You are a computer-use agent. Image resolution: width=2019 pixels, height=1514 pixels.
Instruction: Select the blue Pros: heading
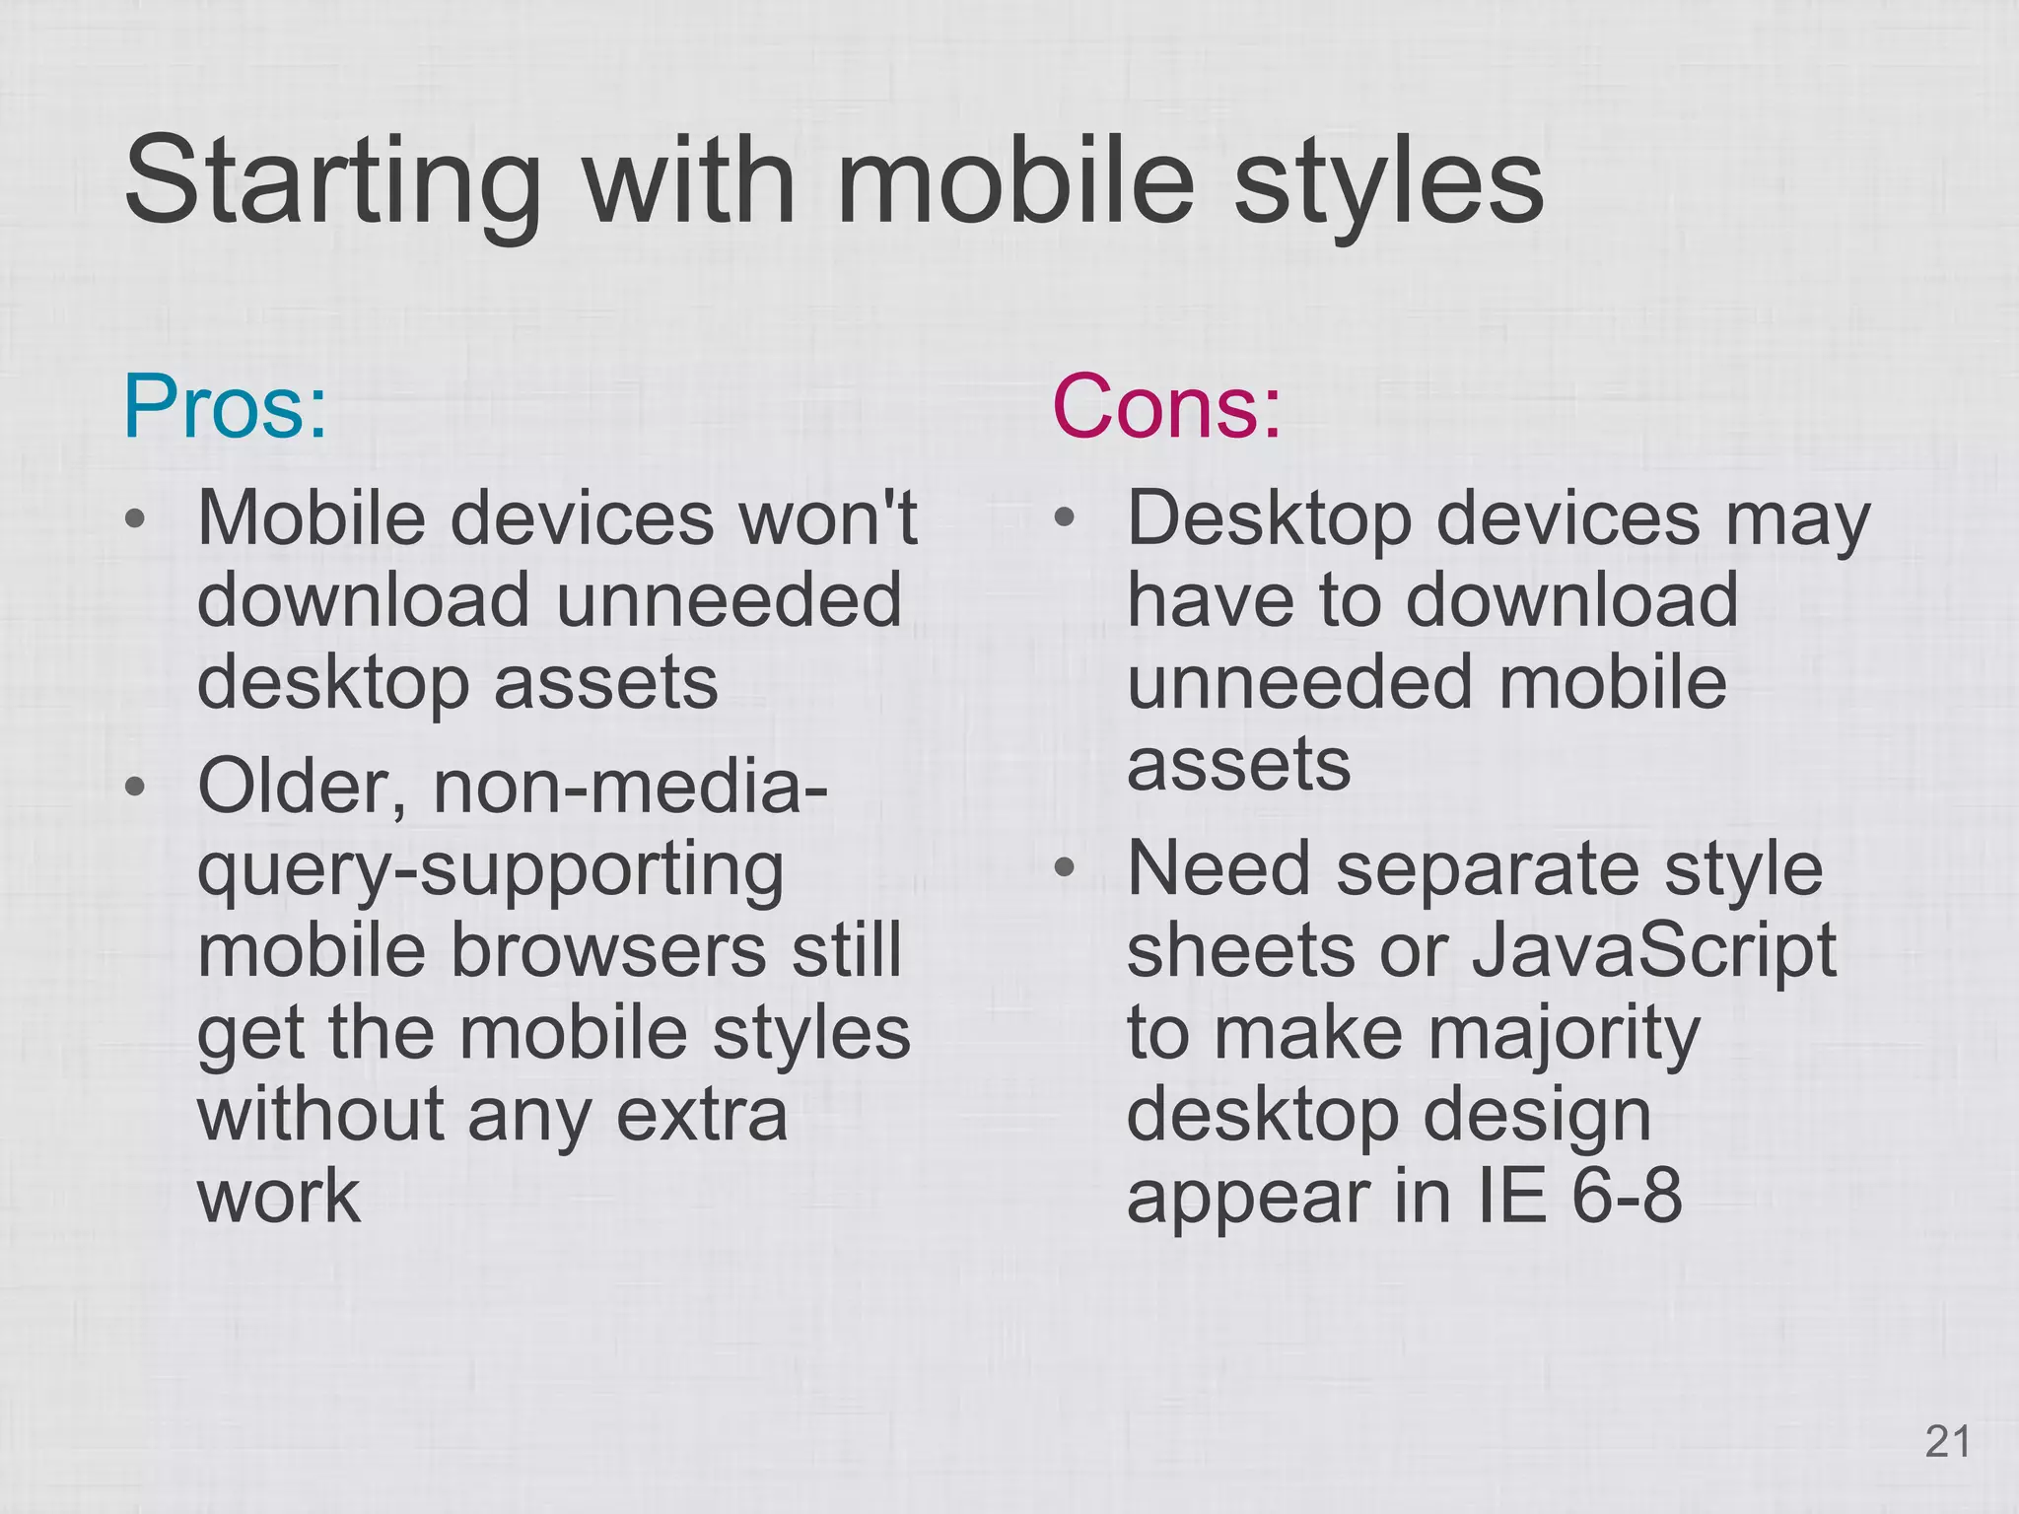[x=225, y=407]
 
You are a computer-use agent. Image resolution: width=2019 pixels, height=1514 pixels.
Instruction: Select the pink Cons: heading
[x=1166, y=407]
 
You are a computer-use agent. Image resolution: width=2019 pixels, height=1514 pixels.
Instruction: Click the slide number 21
[x=1947, y=1442]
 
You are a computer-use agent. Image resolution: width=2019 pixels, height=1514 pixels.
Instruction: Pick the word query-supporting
[x=491, y=871]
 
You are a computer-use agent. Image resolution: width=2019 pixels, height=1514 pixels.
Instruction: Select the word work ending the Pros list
[x=279, y=1197]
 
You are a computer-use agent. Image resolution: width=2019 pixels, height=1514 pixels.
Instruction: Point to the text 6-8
[x=1627, y=1197]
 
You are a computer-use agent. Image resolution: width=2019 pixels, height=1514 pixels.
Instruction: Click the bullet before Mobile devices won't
[x=137, y=518]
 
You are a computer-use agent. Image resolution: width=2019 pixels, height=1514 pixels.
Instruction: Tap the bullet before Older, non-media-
[x=137, y=787]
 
